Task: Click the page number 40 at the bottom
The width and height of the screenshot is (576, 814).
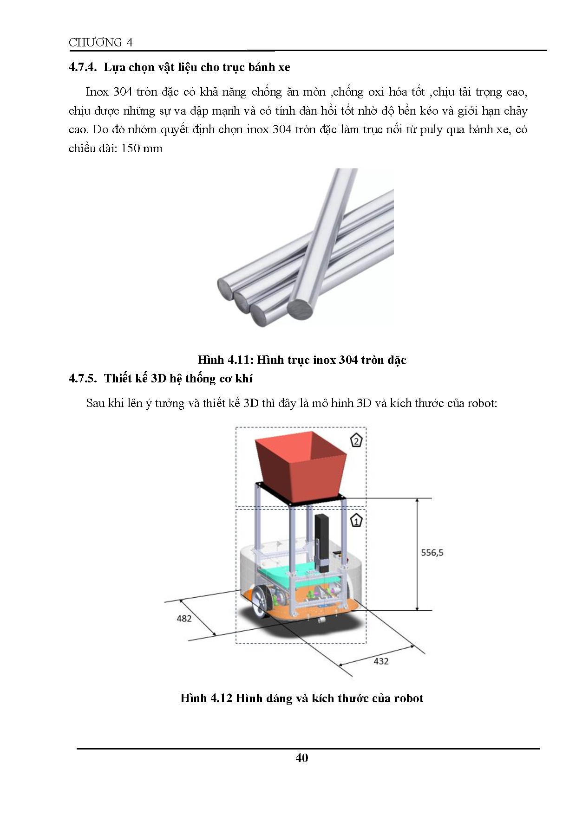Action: coord(301,758)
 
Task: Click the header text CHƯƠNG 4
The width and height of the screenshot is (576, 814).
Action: coord(100,42)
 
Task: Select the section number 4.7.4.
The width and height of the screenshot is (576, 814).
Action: coord(83,67)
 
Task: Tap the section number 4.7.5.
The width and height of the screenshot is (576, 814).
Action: coord(83,379)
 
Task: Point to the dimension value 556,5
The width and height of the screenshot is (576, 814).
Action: coord(432,552)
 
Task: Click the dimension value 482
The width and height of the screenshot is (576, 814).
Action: coord(184,618)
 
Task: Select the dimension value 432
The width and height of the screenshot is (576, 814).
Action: coord(381,661)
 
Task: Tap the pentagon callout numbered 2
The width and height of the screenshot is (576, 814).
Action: coord(356,440)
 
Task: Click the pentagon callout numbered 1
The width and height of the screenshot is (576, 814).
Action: coord(356,521)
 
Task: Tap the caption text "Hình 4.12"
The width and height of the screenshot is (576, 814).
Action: coord(206,698)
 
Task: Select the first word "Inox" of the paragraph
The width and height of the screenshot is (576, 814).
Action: coord(97,92)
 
